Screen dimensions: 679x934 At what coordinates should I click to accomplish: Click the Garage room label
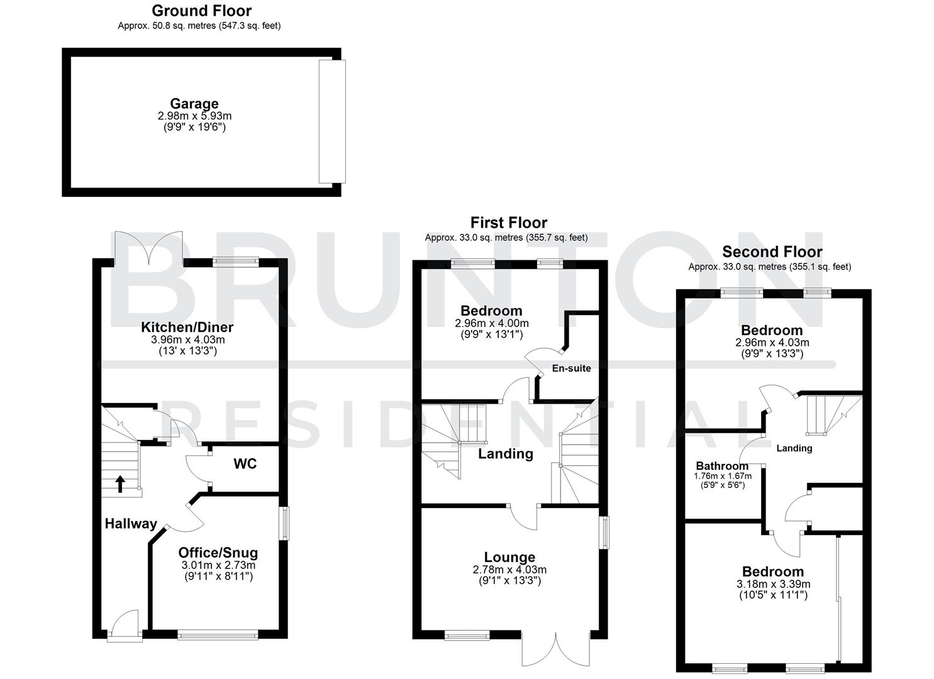pos(194,104)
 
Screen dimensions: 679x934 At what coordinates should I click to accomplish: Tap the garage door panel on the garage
pos(331,121)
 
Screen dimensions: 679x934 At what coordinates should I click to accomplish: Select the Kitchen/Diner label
pos(187,327)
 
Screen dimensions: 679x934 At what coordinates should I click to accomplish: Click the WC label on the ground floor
pos(245,464)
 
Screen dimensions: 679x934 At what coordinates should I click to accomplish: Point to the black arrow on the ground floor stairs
pos(120,483)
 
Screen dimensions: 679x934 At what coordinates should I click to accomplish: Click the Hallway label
pos(131,524)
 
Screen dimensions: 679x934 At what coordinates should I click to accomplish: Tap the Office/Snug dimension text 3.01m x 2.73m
pos(218,565)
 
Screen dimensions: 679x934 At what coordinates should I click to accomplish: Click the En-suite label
pos(571,368)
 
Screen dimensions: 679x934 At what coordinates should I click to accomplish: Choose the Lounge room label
pos(509,557)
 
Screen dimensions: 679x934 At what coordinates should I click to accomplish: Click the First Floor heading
pos(508,223)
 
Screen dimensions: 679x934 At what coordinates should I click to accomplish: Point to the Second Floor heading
pos(772,252)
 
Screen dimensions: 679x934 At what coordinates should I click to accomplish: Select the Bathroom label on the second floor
pos(721,466)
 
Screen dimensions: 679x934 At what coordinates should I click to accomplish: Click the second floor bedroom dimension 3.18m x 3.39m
pos(773,584)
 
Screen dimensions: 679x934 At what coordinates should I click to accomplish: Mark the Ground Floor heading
pos(201,11)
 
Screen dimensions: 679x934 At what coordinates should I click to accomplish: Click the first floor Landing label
pos(505,454)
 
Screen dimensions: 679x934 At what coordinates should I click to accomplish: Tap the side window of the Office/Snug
pos(285,523)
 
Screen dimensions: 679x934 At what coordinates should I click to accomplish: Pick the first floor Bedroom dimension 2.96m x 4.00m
pos(491,323)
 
